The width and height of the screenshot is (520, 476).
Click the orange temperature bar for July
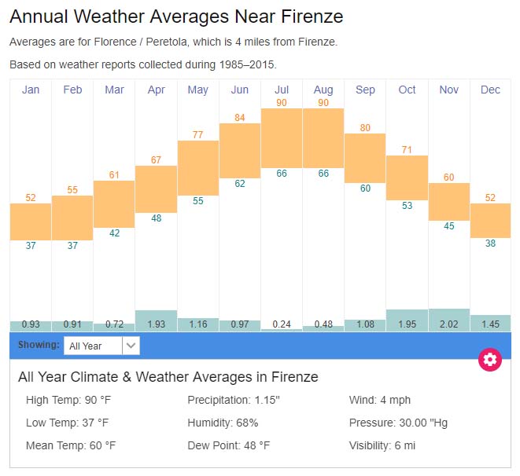click(282, 137)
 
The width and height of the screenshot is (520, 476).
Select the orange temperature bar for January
click(31, 222)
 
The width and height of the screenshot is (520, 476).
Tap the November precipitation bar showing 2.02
click(449, 320)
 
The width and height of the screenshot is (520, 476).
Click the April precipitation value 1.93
click(156, 324)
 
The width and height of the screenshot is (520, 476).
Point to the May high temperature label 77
click(198, 134)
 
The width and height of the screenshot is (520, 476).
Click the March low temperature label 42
click(114, 233)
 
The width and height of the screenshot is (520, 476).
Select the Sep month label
click(365, 90)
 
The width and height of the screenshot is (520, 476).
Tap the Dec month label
click(490, 90)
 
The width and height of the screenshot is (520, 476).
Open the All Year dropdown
click(101, 346)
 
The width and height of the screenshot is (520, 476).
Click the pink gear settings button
click(490, 360)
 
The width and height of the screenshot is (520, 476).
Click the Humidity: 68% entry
click(223, 423)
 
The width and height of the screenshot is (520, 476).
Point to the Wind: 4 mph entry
click(380, 400)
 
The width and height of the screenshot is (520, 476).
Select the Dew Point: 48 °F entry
click(228, 445)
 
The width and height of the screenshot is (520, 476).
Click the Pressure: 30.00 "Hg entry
click(398, 423)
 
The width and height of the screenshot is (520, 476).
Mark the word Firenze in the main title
click(309, 16)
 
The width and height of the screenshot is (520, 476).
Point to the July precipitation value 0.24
click(282, 324)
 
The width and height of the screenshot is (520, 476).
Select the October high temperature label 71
click(407, 149)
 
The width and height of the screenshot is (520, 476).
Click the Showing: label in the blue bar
click(39, 345)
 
